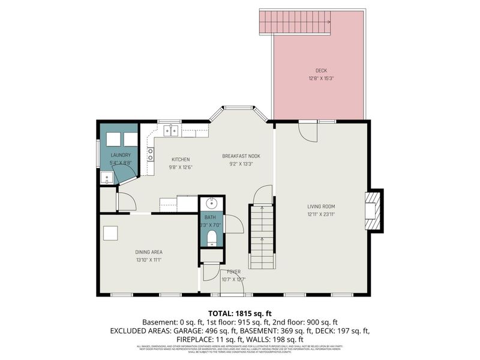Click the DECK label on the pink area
click(321, 70)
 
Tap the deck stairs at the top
click(295, 22)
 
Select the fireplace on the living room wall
click(373, 210)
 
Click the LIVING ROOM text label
click(321, 206)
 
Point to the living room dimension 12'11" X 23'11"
click(321, 214)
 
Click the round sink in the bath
click(210, 203)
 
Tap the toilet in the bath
click(211, 239)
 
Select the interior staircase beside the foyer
click(262, 237)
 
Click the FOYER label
click(234, 272)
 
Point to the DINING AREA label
click(149, 252)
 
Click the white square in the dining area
click(110, 233)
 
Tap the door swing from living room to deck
click(308, 132)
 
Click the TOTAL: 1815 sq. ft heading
click(239, 313)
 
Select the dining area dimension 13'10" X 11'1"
click(149, 260)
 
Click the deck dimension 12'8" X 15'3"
click(321, 78)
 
